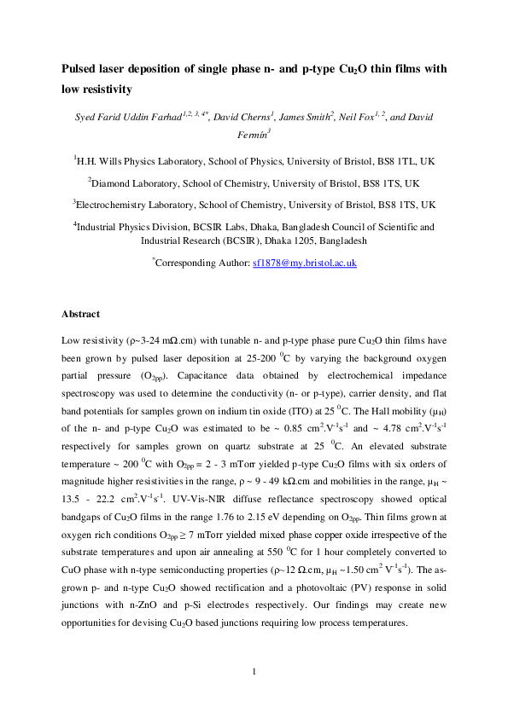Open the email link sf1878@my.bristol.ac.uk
click(x=304, y=264)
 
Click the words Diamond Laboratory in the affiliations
click(x=135, y=182)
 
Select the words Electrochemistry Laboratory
click(x=140, y=205)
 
